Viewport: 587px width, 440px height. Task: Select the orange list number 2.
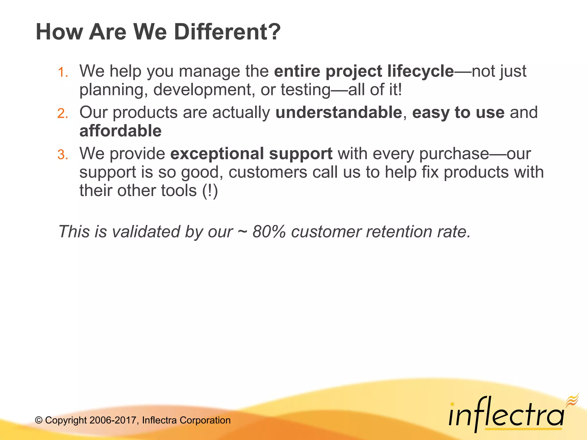[62, 113]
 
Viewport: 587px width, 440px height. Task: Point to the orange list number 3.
[62, 154]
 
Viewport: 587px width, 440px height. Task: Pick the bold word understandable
[339, 112]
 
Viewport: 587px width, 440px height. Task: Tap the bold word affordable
[120, 131]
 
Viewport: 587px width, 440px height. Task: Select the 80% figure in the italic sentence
[269, 231]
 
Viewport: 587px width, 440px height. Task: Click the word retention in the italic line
[399, 231]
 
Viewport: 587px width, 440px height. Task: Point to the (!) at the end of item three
[210, 191]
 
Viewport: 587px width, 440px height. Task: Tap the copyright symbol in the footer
[39, 420]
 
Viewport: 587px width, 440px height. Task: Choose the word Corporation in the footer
[205, 420]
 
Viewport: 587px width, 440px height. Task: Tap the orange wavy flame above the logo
[572, 400]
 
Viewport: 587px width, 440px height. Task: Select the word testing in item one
[306, 90]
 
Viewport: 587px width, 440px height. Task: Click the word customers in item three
[268, 172]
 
